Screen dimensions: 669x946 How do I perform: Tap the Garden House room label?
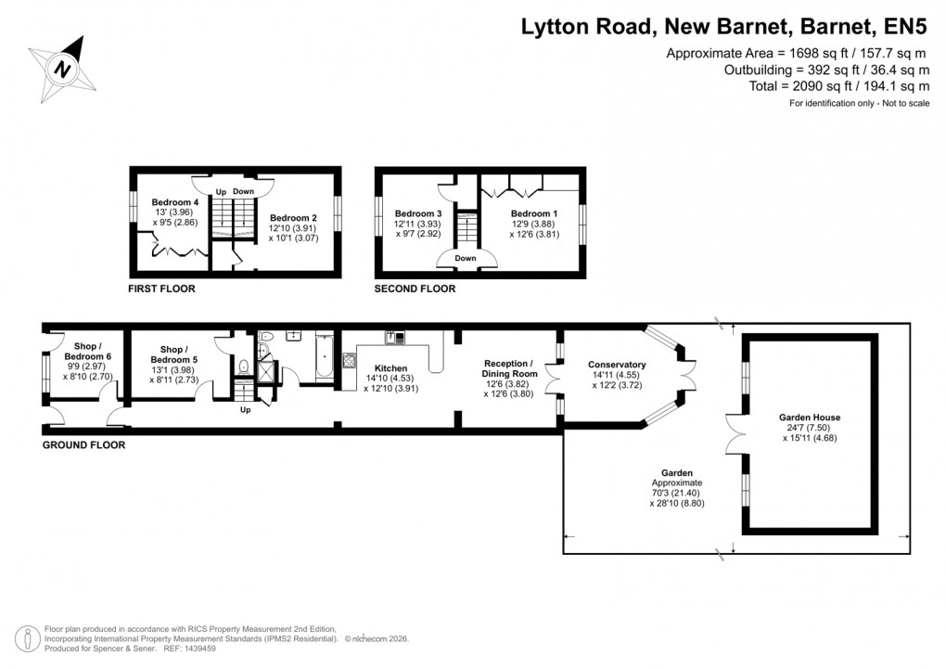pyautogui.click(x=810, y=418)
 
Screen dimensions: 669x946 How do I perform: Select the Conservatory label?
pyautogui.click(x=617, y=365)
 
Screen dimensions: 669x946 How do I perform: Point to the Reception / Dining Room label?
pyautogui.click(x=509, y=363)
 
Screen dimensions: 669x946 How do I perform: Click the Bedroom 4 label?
pyautogui.click(x=175, y=202)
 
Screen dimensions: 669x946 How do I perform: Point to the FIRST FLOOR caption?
pyautogui.click(x=161, y=289)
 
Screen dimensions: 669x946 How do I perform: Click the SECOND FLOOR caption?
pyautogui.click(x=415, y=289)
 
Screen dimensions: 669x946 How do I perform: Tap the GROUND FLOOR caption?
pyautogui.click(x=83, y=445)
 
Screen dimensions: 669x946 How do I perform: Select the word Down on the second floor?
pyautogui.click(x=466, y=258)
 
